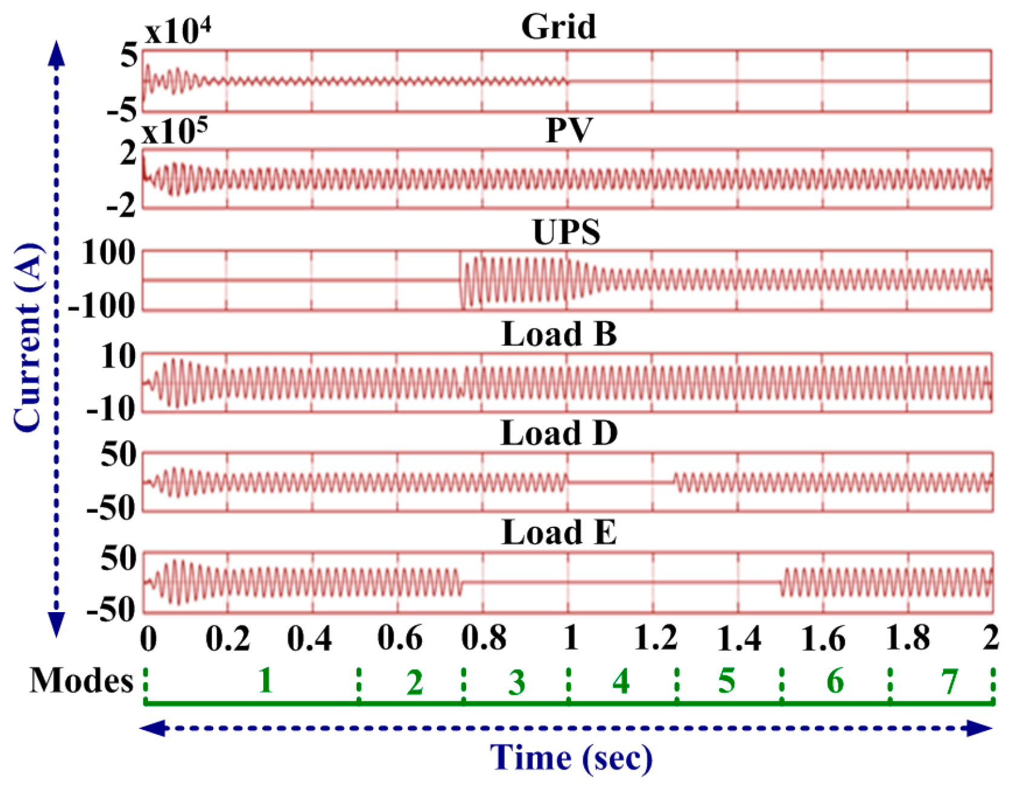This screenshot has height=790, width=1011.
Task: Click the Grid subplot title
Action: coord(558,27)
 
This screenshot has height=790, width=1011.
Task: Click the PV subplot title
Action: coord(568,129)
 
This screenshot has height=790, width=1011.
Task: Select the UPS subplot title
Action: coord(567,232)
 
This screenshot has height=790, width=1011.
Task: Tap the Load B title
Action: coord(559,334)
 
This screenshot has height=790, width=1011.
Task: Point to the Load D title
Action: coord(559,433)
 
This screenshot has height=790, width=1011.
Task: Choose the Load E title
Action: coord(559,532)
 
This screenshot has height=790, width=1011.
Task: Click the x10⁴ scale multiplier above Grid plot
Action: coord(177,31)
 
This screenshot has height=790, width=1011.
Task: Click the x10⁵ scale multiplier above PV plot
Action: coord(175,131)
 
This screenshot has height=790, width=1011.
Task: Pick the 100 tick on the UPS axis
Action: coord(109,253)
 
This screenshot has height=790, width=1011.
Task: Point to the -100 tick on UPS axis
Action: coord(101,307)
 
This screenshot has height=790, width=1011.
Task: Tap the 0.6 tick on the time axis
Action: coord(399,638)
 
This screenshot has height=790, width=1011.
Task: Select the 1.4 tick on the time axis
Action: coord(738,638)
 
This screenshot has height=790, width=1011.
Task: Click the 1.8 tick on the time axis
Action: coord(907,638)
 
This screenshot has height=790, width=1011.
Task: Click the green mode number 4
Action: coord(621,681)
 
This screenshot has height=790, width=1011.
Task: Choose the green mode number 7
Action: coord(949,682)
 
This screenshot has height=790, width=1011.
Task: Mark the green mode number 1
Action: coord(265,681)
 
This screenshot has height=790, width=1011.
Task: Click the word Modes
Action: coord(82,681)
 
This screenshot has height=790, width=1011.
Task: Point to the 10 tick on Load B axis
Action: coord(119,356)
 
